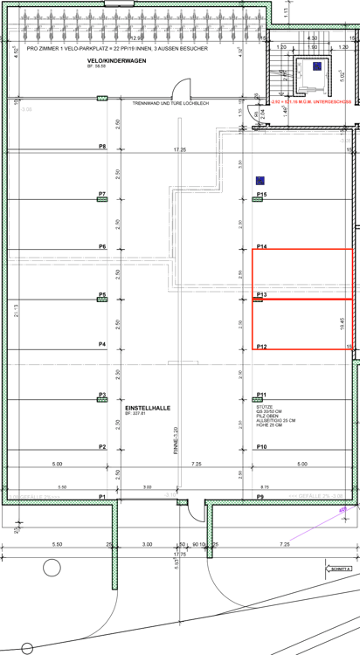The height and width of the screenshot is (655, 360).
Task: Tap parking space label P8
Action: click(x=102, y=146)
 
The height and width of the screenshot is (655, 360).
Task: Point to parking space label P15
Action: click(x=261, y=194)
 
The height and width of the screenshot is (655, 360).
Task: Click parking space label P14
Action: click(x=261, y=246)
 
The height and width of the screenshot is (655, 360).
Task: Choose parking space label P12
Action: click(x=261, y=347)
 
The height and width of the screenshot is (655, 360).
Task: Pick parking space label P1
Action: click(x=102, y=496)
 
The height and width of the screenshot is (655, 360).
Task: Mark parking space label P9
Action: click(x=260, y=496)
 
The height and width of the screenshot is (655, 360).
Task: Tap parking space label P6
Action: click(x=102, y=246)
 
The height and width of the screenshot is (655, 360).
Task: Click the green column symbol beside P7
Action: click(x=101, y=200)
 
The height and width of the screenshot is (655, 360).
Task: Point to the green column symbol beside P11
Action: click(x=259, y=401)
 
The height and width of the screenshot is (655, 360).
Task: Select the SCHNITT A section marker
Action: click(x=340, y=568)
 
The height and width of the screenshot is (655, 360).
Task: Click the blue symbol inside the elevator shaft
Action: click(x=317, y=66)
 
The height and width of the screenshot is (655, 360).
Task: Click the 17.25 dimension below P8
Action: click(x=180, y=150)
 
